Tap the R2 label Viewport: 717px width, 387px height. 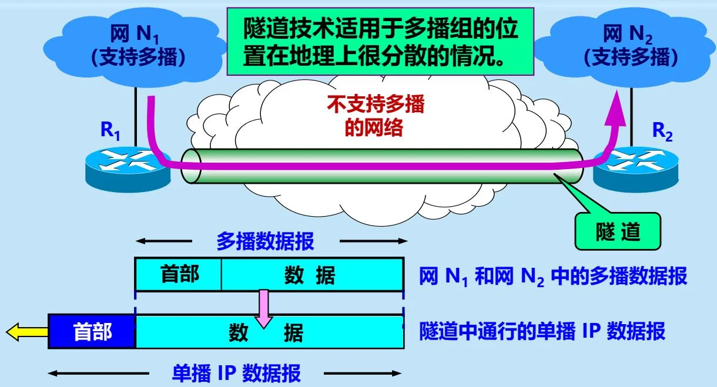(x=662, y=132)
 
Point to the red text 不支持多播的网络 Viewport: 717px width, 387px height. (x=375, y=116)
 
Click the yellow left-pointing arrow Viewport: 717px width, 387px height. (x=26, y=333)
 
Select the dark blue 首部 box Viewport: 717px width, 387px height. (x=92, y=332)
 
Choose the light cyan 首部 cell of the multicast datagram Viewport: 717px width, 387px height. (x=179, y=274)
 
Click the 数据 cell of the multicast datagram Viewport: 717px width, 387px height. (x=311, y=274)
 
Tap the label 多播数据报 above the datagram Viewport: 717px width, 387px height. (x=265, y=241)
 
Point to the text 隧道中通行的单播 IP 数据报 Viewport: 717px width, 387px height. (x=542, y=332)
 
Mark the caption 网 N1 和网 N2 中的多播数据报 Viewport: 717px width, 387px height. (x=552, y=276)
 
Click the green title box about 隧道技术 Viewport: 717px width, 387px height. (x=381, y=41)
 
